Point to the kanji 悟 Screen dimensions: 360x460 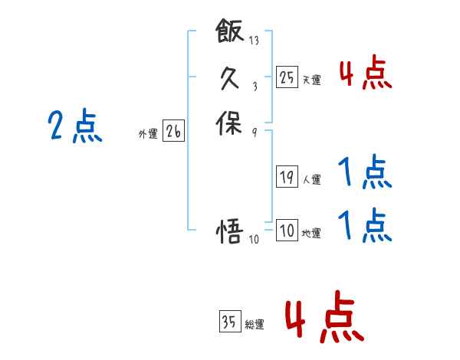(x=230, y=231)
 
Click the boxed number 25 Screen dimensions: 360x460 (x=287, y=77)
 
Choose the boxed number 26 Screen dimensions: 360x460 (x=172, y=132)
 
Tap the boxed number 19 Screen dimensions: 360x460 (x=287, y=177)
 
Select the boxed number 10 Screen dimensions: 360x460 (x=287, y=231)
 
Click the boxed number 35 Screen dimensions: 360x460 (x=229, y=322)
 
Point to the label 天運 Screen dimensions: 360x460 (x=311, y=80)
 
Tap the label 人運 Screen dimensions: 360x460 (x=311, y=180)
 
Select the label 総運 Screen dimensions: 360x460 (x=255, y=325)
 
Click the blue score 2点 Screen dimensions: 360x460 (x=74, y=126)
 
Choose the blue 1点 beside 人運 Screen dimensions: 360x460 (x=364, y=173)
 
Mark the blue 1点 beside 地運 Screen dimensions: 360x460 (x=364, y=226)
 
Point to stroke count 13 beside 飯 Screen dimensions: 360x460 (x=255, y=38)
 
